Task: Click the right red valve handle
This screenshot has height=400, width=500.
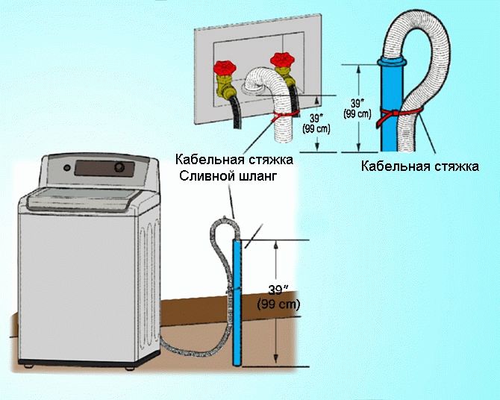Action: pos(282,59)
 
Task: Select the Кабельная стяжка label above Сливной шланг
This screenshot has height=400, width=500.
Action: pos(234,159)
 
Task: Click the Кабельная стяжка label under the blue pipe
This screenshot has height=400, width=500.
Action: pos(419,165)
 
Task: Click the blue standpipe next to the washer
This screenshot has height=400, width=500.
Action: pos(237,299)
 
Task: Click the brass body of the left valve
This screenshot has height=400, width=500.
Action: pos(223,86)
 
